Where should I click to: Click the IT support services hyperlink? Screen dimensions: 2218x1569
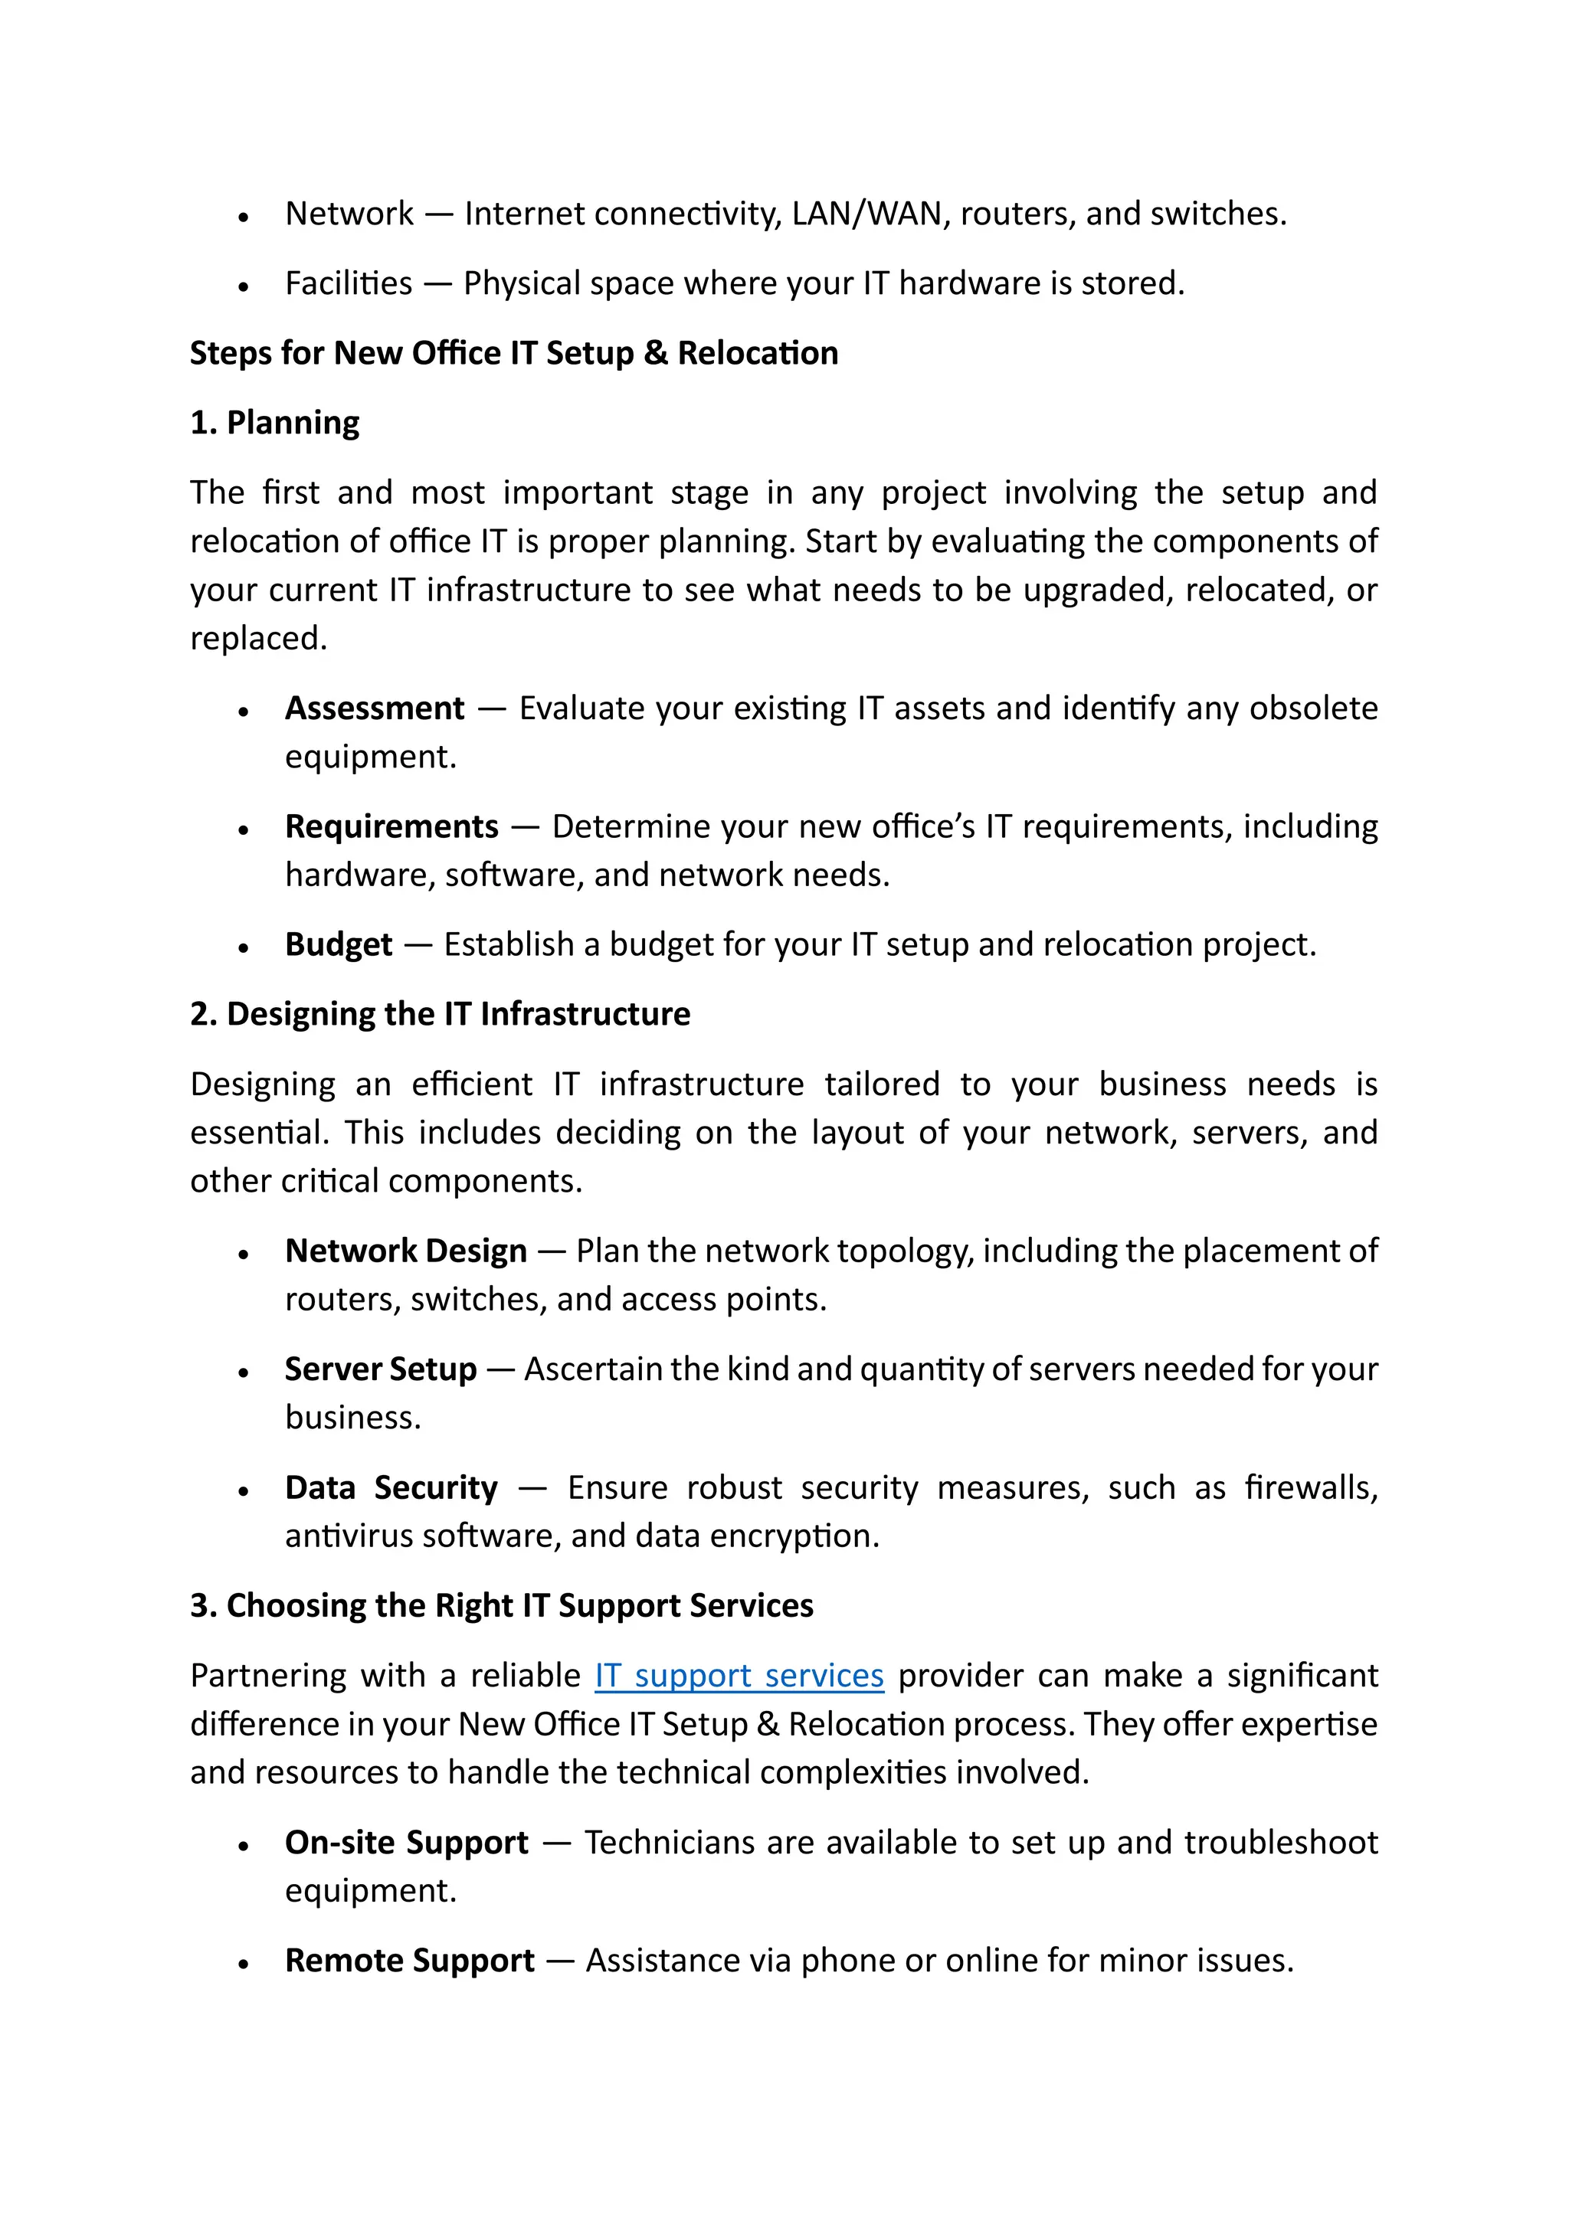coord(739,1675)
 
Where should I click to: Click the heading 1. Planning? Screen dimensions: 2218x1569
coord(274,423)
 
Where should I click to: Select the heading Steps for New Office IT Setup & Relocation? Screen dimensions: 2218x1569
coord(513,354)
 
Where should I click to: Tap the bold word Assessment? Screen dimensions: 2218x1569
coord(374,708)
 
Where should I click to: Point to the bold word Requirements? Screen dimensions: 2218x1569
coord(391,827)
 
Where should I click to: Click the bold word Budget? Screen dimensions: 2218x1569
coord(338,945)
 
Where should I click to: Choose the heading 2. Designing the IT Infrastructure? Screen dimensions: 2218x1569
coord(440,1014)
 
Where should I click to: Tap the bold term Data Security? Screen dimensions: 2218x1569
coord(391,1487)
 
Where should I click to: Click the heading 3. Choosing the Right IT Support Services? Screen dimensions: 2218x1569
coord(502,1605)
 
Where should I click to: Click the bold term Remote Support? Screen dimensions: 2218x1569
coord(410,1960)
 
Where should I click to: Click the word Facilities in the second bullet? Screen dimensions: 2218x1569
coord(349,284)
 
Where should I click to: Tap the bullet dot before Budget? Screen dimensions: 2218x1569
coord(244,947)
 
